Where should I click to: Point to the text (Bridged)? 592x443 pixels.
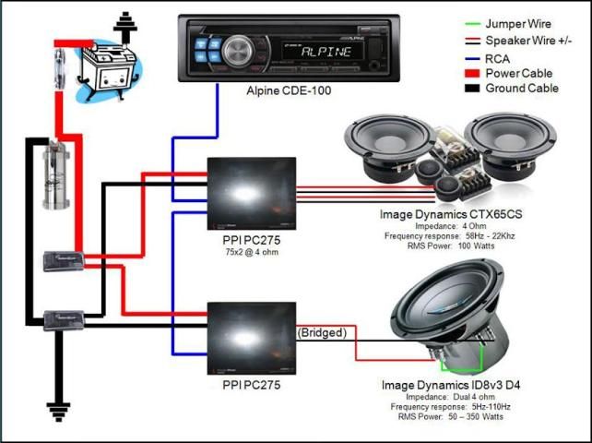[x=321, y=332]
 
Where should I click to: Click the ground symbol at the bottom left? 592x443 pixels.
[x=61, y=409]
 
